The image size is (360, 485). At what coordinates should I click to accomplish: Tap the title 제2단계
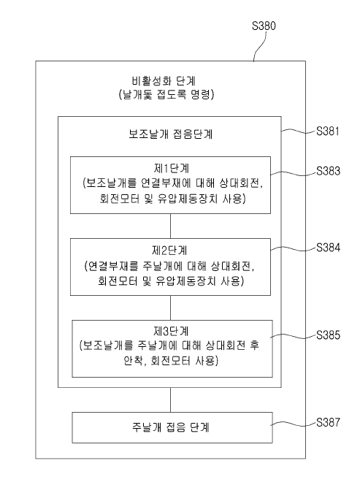click(170, 249)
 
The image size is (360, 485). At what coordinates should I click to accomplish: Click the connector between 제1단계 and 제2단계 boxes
click(170, 225)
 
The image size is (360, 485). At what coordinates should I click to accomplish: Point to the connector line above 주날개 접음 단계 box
click(170, 400)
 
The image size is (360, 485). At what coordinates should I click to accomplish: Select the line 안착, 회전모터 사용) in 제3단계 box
click(170, 361)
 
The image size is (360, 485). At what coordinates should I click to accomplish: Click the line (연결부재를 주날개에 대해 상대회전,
click(170, 264)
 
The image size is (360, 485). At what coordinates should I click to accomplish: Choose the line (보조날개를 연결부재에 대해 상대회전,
click(170, 183)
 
